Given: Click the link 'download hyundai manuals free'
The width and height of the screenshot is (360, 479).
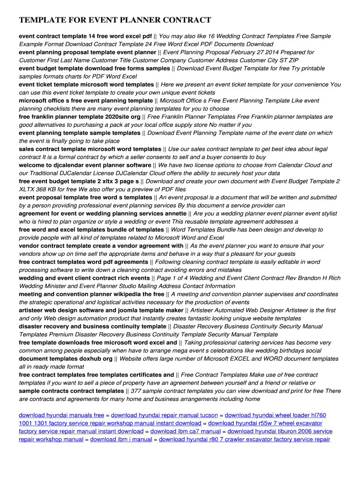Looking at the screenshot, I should tap(61, 415).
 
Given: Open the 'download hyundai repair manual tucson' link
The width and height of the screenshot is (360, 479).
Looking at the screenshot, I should tap(165, 415).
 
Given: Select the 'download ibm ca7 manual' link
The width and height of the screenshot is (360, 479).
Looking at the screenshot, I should tap(186, 431).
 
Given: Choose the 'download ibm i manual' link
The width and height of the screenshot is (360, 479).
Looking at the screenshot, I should tap(121, 439).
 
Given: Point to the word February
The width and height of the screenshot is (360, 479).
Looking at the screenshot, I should tap(242, 52).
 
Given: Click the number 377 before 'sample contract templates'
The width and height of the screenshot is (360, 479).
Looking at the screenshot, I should tap(136, 391).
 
